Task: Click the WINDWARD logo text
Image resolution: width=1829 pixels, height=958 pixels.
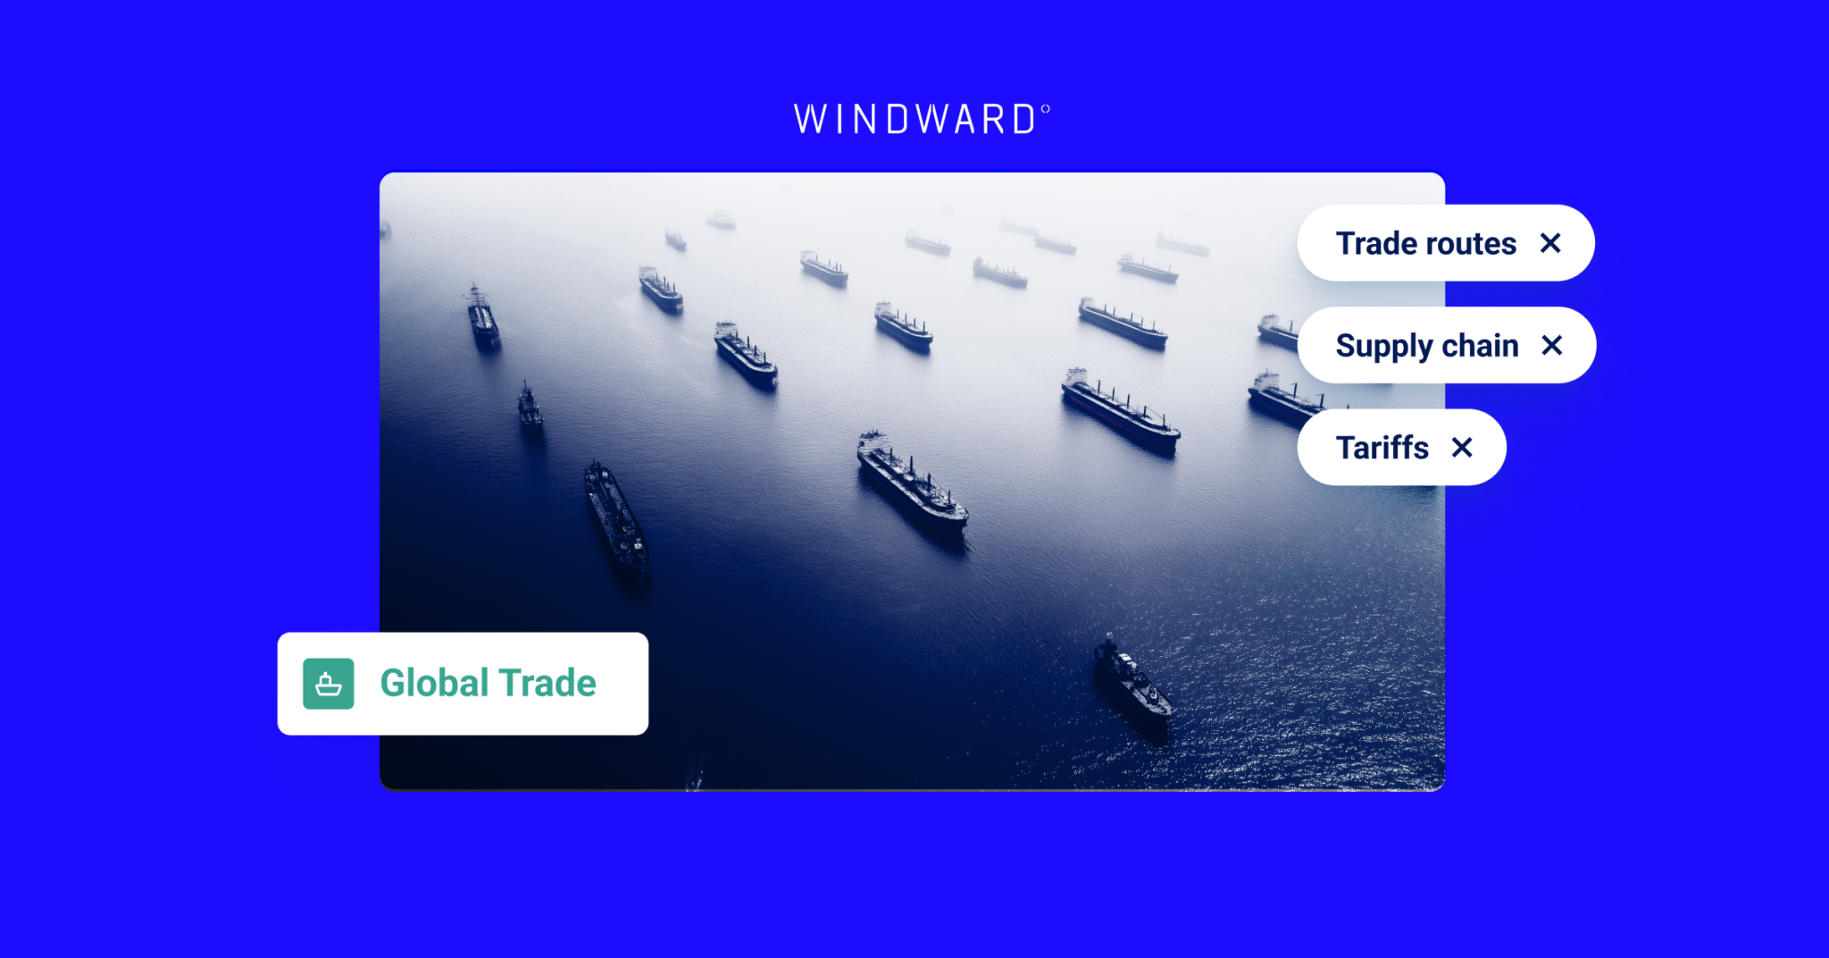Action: click(915, 120)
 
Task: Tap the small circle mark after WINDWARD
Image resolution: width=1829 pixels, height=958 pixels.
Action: click(1045, 110)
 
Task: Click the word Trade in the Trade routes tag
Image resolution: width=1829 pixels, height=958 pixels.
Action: click(1381, 243)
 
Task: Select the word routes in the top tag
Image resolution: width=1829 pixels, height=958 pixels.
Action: click(1474, 243)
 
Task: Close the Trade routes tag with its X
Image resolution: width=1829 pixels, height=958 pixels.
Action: click(1550, 243)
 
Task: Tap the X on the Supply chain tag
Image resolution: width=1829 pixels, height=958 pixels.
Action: click(1552, 345)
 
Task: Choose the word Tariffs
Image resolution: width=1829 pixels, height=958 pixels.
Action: click(1382, 448)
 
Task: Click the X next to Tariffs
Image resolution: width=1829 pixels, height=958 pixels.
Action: click(1462, 447)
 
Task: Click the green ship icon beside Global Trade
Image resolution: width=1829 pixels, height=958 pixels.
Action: click(329, 684)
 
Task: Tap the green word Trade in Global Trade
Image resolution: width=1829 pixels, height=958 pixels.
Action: click(547, 684)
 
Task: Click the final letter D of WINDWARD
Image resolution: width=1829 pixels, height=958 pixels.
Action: click(1023, 120)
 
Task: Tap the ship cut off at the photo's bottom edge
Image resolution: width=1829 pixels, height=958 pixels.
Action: click(694, 783)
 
